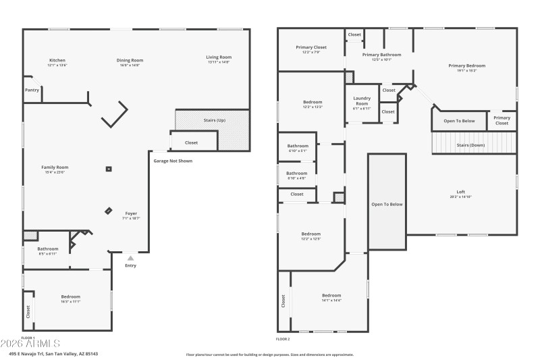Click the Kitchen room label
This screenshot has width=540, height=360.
(57, 60)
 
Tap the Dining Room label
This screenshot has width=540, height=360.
(130, 60)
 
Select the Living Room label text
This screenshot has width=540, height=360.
(219, 57)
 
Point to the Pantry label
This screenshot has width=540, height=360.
(32, 90)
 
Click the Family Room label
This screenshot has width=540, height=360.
(55, 168)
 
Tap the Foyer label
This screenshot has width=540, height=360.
(131, 213)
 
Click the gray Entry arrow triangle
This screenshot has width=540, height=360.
(130, 257)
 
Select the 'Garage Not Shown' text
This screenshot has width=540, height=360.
(173, 161)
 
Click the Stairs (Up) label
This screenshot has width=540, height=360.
(215, 120)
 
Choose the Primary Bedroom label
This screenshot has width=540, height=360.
(466, 66)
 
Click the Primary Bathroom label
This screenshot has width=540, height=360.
(381, 55)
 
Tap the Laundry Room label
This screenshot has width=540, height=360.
(362, 101)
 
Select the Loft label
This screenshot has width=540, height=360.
(461, 192)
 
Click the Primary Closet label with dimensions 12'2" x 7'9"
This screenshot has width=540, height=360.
(311, 47)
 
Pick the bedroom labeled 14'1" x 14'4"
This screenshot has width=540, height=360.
(331, 296)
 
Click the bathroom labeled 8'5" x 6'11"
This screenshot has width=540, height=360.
(47, 249)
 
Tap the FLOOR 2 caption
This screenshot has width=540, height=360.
(283, 339)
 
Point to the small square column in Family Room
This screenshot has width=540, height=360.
(109, 169)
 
